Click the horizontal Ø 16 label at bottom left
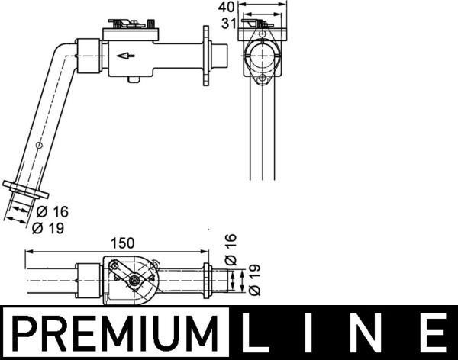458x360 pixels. click(x=50, y=211)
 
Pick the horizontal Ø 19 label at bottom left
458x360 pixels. click(x=50, y=227)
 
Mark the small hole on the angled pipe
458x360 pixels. click(x=40, y=144)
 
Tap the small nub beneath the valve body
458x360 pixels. click(x=134, y=79)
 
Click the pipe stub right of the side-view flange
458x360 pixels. click(x=220, y=54)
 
